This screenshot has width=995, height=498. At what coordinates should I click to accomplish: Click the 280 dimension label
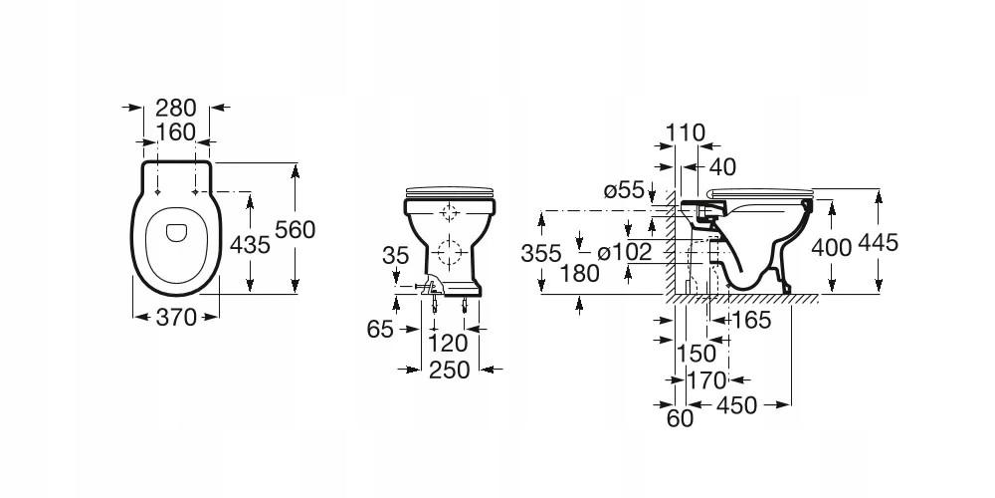(176, 108)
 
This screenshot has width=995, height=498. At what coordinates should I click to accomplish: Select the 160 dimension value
(176, 132)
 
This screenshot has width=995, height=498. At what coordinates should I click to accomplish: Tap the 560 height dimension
(296, 229)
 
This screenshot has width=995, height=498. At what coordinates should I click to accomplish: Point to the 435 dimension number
(250, 245)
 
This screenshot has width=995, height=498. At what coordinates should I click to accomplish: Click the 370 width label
(176, 317)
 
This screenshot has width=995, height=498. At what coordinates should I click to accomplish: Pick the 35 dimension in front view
(395, 255)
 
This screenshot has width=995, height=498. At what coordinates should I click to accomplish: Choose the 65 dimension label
(381, 330)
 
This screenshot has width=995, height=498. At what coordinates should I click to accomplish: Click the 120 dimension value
(448, 344)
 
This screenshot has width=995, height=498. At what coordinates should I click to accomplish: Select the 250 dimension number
(450, 370)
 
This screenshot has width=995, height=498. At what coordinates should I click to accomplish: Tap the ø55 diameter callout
(624, 189)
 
